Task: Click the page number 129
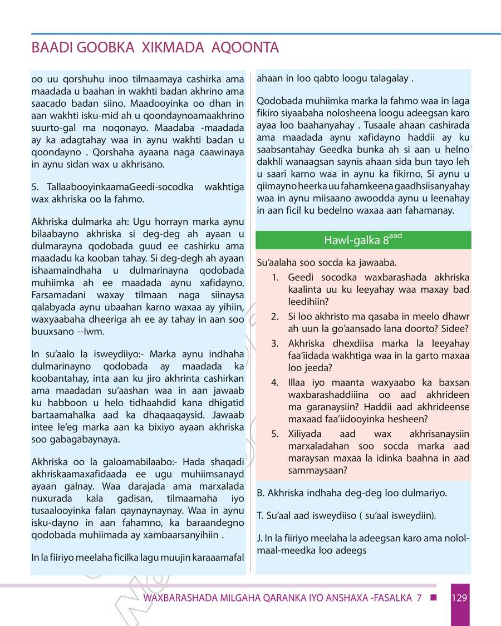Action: point(459,598)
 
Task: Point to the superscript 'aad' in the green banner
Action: point(396,236)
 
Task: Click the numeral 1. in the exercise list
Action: point(275,277)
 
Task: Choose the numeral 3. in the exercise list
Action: point(275,343)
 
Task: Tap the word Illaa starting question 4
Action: point(298,382)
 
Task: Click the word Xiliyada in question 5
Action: point(306,433)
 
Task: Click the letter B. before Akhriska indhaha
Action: point(261,493)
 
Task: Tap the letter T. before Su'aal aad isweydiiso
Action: point(260,516)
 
